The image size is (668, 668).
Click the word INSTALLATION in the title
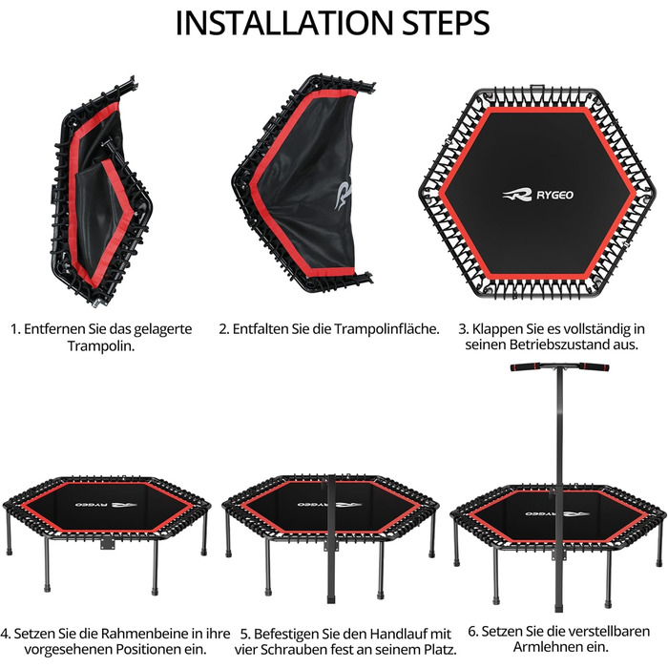pos(283,23)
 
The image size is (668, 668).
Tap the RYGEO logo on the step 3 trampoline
pos(537,195)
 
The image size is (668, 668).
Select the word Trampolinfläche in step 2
pos(386,329)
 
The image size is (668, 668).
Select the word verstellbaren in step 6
pos(605,631)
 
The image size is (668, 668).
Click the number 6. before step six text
pos(473,631)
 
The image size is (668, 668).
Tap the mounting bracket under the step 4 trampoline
pos(108,544)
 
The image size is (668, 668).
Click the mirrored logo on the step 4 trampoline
pos(106,505)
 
